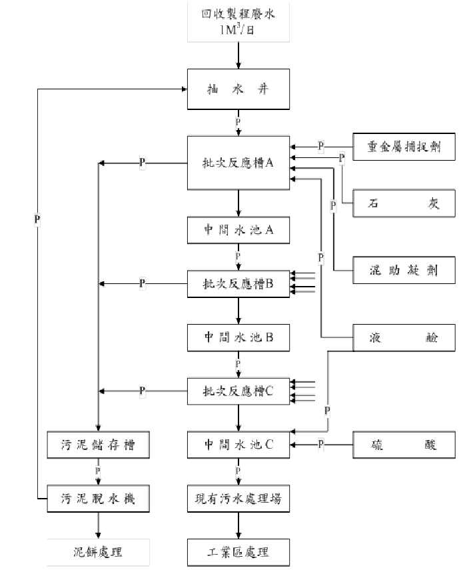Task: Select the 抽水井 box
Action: (238, 89)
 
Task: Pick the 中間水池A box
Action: (238, 231)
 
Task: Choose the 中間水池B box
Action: (238, 338)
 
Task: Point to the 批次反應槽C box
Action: (238, 391)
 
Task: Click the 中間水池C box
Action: (238, 445)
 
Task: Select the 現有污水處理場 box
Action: (238, 498)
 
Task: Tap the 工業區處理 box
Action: (238, 553)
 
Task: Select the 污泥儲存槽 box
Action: (98, 445)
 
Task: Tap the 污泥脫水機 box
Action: (98, 498)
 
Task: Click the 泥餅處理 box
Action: (98, 553)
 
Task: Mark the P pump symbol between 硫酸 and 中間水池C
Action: (320, 444)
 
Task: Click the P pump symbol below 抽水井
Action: (238, 123)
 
